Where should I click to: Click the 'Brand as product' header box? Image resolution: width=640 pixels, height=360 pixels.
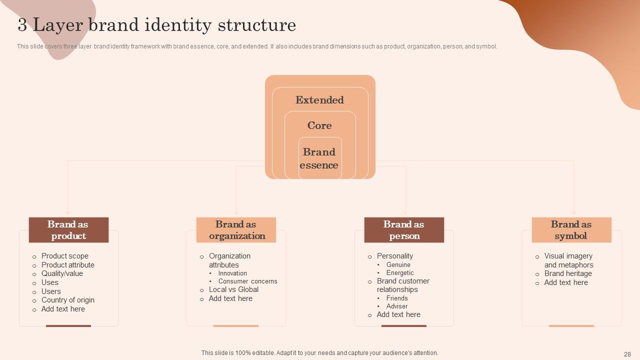click(68, 230)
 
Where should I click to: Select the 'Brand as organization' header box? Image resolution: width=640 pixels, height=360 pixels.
click(236, 230)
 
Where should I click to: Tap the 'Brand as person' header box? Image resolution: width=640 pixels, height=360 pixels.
click(404, 230)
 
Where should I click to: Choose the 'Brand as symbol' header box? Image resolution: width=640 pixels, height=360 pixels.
click(571, 230)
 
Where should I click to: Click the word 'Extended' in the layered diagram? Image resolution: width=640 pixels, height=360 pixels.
click(319, 100)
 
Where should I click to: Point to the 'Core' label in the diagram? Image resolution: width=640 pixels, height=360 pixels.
click(319, 125)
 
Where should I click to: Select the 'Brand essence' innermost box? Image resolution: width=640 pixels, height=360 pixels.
click(320, 158)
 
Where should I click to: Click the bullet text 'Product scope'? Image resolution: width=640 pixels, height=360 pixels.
click(65, 256)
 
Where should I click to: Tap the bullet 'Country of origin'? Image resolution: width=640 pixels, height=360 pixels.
click(68, 300)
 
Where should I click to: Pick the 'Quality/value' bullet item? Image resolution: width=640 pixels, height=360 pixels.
click(62, 273)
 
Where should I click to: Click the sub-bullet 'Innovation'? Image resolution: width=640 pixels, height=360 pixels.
click(232, 273)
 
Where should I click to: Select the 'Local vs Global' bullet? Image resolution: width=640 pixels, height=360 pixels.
click(233, 289)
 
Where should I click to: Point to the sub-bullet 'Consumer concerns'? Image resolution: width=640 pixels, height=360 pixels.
click(247, 281)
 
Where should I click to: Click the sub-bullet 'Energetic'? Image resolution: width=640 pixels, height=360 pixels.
click(400, 273)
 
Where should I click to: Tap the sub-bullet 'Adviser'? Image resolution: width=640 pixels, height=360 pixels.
click(397, 306)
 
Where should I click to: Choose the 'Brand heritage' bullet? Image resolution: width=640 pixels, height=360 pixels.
click(568, 273)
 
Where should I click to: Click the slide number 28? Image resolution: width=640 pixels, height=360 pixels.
click(627, 353)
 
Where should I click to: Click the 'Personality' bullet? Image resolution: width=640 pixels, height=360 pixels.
click(395, 256)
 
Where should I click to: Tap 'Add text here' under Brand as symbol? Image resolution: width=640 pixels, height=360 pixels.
click(566, 282)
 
